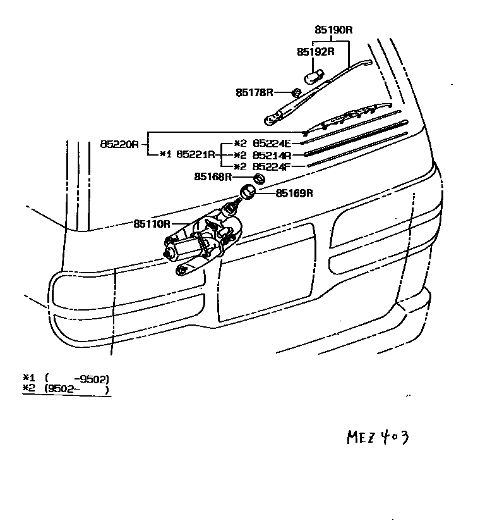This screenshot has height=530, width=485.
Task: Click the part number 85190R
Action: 333,29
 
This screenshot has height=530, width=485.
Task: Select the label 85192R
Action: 315,51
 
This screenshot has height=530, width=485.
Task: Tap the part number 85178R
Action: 254,92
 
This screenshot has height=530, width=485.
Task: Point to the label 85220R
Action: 119,144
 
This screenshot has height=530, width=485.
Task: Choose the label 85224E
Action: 271,144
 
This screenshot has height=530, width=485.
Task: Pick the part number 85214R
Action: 271,155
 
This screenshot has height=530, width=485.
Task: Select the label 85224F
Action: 271,166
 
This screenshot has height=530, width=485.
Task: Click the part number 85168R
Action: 213,177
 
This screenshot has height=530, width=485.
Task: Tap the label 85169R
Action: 294,192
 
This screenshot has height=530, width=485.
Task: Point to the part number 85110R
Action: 152,223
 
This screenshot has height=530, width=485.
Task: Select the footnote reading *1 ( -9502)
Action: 66,379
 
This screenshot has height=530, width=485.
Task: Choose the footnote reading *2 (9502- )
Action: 66,389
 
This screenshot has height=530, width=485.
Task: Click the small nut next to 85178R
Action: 296,92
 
